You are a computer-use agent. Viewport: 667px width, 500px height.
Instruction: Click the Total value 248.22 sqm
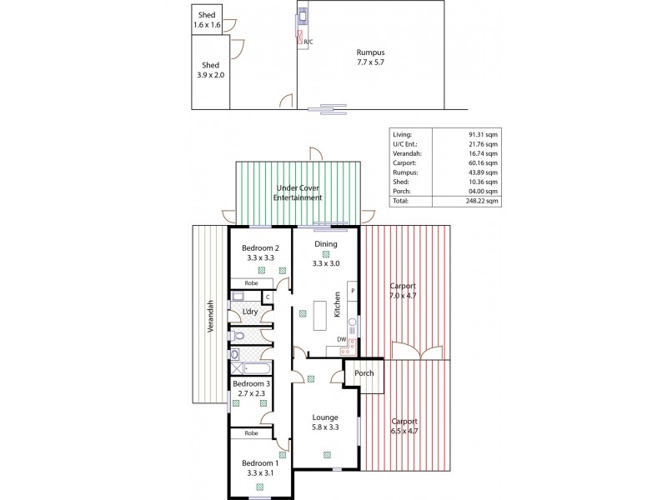[480, 201]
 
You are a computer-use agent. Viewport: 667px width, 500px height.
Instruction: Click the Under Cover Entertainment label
[298, 193]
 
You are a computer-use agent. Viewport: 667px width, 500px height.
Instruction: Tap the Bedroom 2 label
[260, 247]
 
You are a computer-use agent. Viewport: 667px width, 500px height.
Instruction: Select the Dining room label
[325, 243]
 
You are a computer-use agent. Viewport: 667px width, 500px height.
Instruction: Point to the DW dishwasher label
[341, 339]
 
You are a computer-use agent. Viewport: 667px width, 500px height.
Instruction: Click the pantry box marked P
[353, 290]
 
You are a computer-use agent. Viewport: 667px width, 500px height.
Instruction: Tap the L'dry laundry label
[249, 312]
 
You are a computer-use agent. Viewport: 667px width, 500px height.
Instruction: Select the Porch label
[364, 374]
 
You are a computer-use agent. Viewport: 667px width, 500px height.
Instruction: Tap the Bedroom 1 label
[259, 463]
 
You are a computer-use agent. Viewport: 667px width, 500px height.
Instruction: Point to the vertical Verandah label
[211, 317]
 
